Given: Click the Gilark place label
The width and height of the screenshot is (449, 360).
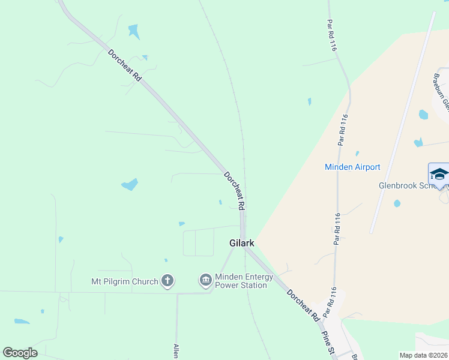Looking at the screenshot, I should click(x=242, y=243).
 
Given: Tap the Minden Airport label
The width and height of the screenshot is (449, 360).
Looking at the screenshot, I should click(x=352, y=167).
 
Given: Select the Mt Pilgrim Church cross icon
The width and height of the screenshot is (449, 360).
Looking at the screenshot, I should click(x=167, y=281).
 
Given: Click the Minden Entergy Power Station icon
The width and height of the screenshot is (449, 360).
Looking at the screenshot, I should click(x=205, y=280).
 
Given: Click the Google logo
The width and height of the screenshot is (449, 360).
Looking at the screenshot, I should click(x=20, y=353).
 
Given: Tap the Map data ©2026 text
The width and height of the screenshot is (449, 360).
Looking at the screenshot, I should click(x=424, y=355).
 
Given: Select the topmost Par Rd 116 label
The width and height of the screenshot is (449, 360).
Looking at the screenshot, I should click(x=331, y=35).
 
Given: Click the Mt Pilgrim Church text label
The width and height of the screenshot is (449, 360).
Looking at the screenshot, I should click(x=125, y=281).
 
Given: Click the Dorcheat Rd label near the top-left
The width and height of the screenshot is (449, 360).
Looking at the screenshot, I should click(x=124, y=65).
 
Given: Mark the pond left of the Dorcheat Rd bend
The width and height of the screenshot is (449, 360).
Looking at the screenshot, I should click(x=130, y=185).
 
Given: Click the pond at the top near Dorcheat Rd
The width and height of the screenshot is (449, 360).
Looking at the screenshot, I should click(x=133, y=31).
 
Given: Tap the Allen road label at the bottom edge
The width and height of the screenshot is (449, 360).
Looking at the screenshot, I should click(x=176, y=351).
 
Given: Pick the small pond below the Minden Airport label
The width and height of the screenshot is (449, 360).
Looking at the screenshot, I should click(x=397, y=203).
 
